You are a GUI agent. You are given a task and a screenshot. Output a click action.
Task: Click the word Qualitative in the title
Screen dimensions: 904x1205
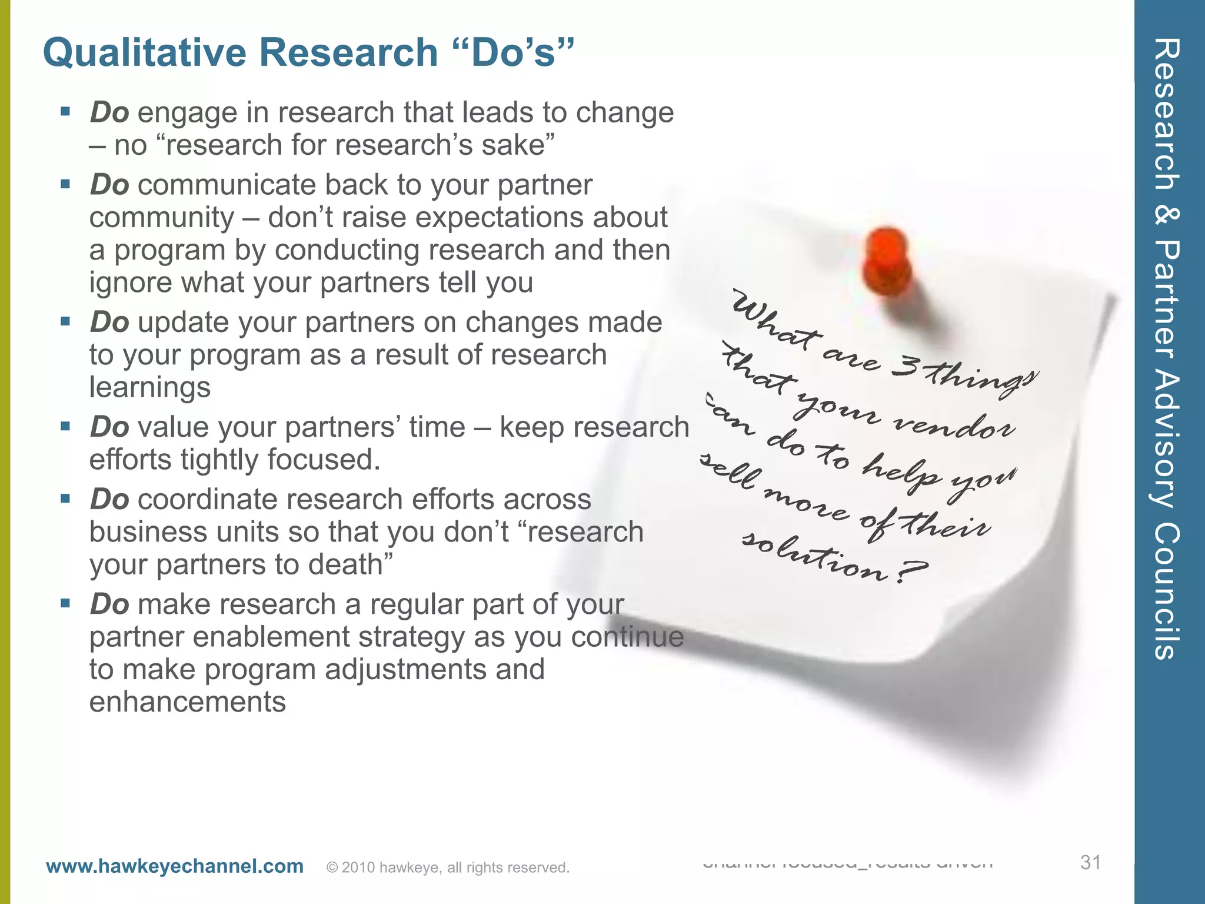point(145,53)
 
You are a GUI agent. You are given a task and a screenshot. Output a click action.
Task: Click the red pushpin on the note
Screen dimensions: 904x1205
point(887,262)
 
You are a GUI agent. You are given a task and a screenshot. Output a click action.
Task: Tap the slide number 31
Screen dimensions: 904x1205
point(1090,862)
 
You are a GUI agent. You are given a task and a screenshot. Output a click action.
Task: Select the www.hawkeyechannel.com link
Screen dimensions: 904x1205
point(175,866)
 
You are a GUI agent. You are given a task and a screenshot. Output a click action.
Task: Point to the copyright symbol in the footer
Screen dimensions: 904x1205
point(332,868)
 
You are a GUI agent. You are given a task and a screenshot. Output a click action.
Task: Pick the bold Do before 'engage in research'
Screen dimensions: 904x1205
point(109,112)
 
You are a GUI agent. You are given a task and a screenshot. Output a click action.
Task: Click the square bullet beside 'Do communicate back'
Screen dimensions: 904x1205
point(65,184)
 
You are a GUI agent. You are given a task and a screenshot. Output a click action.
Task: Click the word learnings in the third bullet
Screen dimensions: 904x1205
point(149,387)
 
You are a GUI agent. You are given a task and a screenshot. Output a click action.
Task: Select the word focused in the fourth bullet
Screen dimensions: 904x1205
point(323,460)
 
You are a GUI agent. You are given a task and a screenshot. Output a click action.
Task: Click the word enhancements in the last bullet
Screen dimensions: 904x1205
point(187,702)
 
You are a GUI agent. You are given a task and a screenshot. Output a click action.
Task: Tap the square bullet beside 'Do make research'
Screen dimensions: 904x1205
point(65,603)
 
